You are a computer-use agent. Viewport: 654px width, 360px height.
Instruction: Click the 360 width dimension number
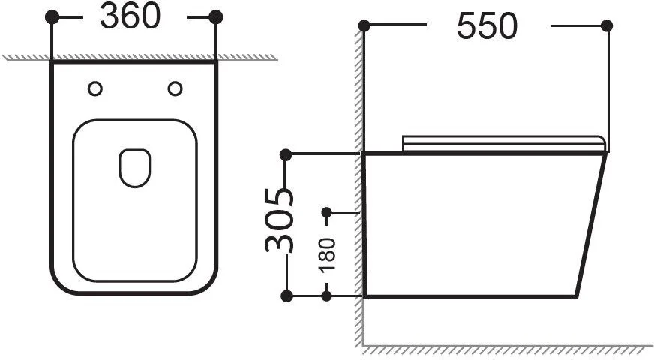(x=130, y=16)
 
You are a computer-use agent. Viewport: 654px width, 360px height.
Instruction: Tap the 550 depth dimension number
(x=487, y=26)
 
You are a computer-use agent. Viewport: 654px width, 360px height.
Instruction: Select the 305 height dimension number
(x=279, y=220)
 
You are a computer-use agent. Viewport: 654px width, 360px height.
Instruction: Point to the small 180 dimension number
(x=327, y=254)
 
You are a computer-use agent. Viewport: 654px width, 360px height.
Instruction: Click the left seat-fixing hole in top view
(x=95, y=88)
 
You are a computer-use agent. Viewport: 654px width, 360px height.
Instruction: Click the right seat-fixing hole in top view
(x=175, y=88)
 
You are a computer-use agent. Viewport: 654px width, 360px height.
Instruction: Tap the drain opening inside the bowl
(x=135, y=168)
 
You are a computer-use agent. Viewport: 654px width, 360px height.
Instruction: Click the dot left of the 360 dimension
(x=52, y=17)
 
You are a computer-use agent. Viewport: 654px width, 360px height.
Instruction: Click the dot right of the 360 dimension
(x=216, y=17)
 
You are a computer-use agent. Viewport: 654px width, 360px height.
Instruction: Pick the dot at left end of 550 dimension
(x=364, y=25)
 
